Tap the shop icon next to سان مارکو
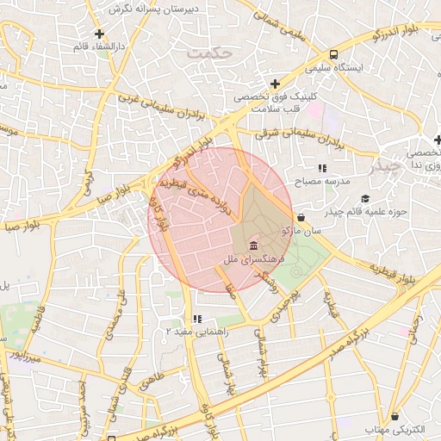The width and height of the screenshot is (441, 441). pos(300,218)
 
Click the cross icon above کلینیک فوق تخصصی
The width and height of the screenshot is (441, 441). pos(275,84)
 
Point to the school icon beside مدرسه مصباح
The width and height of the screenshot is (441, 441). pos(321,169)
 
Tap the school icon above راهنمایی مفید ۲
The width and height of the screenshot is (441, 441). pos(197,320)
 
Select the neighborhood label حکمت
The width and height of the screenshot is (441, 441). pos(210,53)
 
